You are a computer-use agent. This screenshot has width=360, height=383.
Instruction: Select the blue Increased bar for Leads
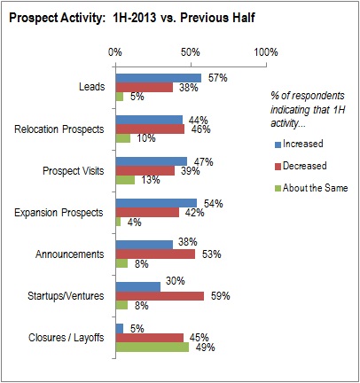coord(159,78)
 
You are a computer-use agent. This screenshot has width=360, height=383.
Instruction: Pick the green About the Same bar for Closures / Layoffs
coord(153,346)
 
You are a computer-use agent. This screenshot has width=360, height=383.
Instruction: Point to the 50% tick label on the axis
coord(191,52)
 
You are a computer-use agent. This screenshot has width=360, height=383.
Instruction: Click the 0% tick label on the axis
coord(115,52)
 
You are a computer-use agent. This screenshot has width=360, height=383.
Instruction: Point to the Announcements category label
coord(73,254)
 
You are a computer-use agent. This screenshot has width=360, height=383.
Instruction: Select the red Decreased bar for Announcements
coord(155,254)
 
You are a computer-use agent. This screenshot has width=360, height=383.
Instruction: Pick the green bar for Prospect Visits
coord(126,180)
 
